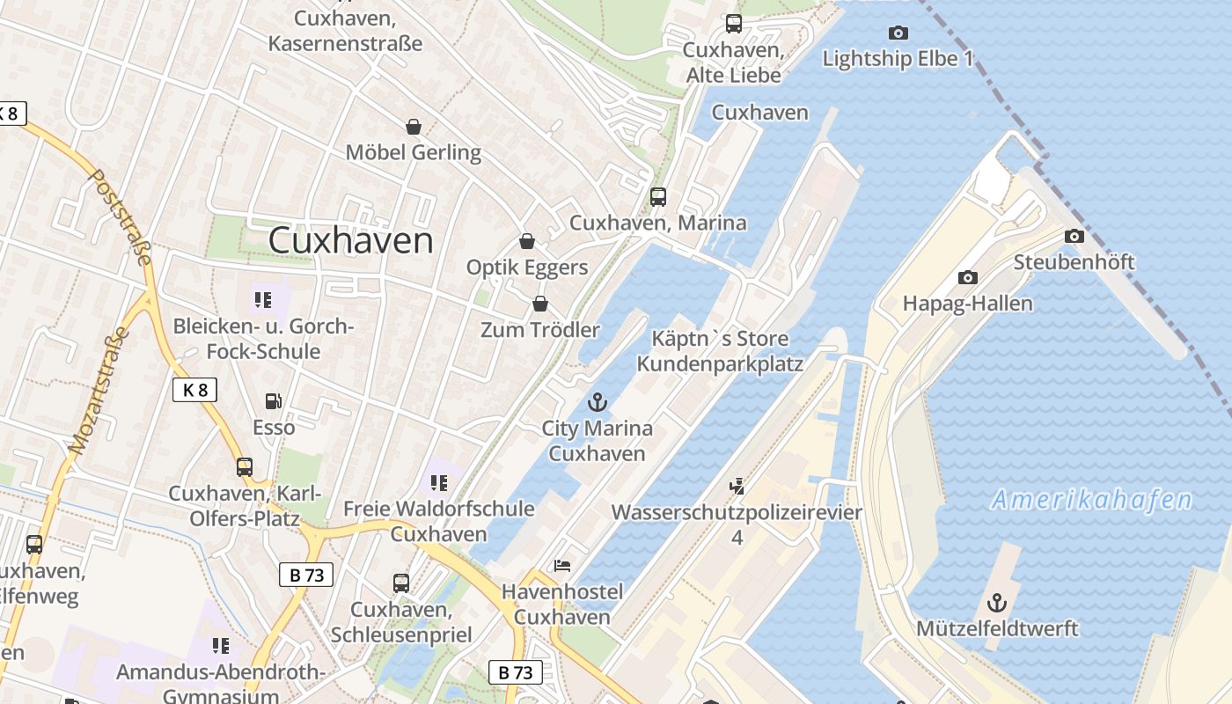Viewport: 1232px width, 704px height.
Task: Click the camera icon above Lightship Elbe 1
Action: coord(898,33)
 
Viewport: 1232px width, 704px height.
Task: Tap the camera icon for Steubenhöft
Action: coord(1074,236)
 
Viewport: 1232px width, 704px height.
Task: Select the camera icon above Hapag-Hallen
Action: coord(967,277)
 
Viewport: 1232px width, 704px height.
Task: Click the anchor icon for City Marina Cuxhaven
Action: coord(598,402)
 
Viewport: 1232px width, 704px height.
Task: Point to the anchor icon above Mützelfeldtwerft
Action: coord(996,603)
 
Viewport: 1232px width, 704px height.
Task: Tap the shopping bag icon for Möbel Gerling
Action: coord(413,127)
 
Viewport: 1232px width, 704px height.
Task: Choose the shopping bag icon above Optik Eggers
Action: coord(527,240)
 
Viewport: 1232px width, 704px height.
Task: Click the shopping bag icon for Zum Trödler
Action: coord(539,304)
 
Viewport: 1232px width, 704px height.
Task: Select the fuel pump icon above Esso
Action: coord(274,401)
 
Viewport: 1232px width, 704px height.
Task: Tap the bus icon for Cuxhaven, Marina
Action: coord(657,197)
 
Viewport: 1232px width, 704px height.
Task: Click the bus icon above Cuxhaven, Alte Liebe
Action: coord(733,24)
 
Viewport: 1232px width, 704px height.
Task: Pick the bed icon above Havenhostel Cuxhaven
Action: coord(562,566)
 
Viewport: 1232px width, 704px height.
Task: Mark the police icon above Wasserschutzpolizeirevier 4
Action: coord(737,485)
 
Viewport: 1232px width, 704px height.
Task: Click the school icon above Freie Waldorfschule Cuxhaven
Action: coord(438,482)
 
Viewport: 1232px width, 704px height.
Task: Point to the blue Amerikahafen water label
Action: coord(1091,501)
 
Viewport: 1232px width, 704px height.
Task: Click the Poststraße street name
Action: coord(121,216)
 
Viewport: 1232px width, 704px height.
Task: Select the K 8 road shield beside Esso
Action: coord(194,390)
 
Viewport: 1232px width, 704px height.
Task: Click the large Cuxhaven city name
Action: coord(350,240)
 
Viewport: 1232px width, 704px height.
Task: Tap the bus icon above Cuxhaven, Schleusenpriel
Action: coord(400,583)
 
